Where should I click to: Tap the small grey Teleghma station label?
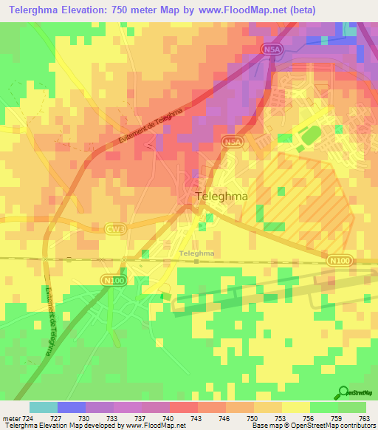(x=197, y=253)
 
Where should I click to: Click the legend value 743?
(x=198, y=417)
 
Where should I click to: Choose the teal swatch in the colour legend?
(x=43, y=407)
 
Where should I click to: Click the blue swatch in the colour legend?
(x=71, y=407)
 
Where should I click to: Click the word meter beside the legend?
(x=10, y=417)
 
